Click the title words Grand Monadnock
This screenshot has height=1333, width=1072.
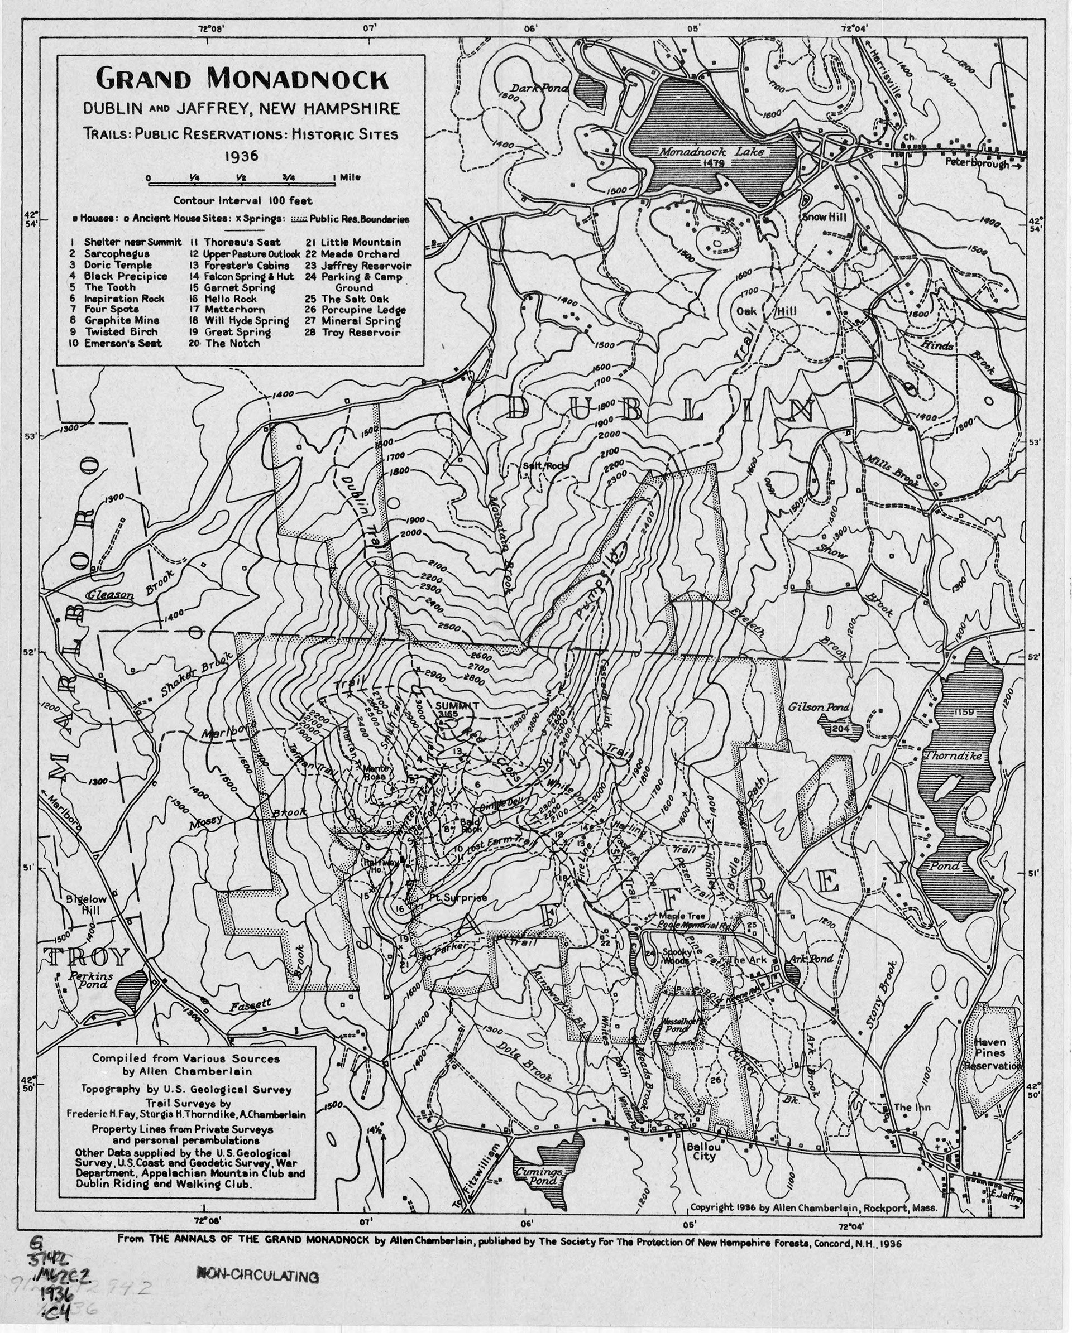pos(242,80)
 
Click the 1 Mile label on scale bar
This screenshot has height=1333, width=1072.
pos(346,177)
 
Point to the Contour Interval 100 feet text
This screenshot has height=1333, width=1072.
pos(242,200)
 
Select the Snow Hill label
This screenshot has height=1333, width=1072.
pos(823,218)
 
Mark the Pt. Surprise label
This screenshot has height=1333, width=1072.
pos(458,898)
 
